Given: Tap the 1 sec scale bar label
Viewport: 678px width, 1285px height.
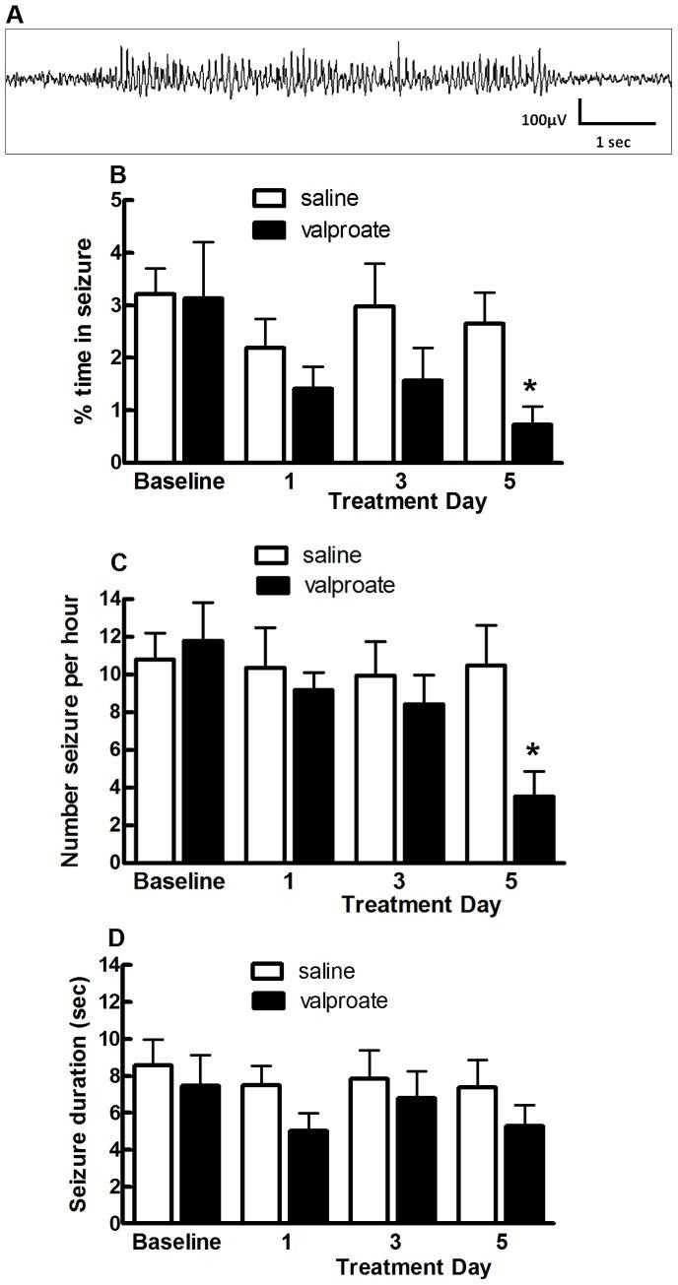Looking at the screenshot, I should pos(612,142).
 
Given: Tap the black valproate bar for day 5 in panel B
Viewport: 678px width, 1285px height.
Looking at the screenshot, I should pos(531,442).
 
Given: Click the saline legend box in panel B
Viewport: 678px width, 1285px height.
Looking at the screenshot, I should pos(268,200).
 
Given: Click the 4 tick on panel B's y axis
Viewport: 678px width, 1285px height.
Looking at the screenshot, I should pos(117,252).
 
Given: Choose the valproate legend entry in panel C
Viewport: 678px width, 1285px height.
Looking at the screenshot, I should pos(325,586).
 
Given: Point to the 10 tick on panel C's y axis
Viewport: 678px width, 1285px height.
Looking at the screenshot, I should pos(112,675).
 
